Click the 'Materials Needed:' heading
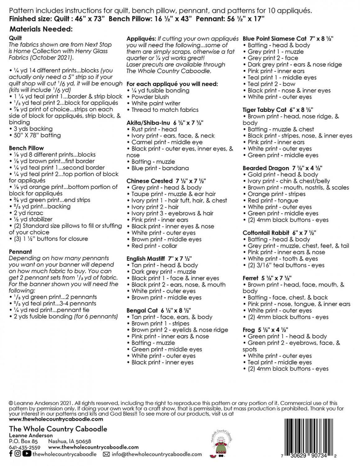(x=41, y=29)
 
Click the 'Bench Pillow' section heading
(x=26, y=148)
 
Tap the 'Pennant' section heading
(x=20, y=252)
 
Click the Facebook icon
(x=11, y=454)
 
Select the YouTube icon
(x=27, y=454)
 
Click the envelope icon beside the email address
(x=106, y=454)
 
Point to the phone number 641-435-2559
(x=25, y=447)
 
